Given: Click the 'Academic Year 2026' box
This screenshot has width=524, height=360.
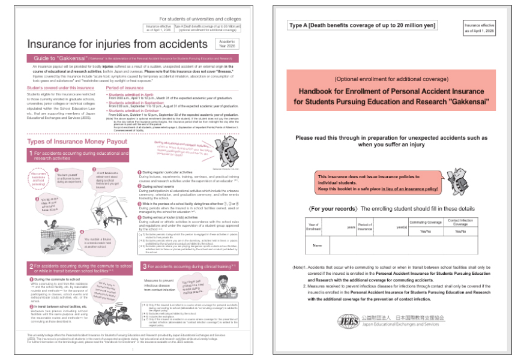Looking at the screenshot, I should pyautogui.click(x=226, y=44).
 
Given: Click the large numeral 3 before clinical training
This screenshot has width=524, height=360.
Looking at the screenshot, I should pyautogui.click(x=145, y=266).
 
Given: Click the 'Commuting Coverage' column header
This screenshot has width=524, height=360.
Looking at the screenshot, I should pyautogui.click(x=426, y=222).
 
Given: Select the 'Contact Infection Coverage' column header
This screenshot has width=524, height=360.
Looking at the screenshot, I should pyautogui.click(x=460, y=222).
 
